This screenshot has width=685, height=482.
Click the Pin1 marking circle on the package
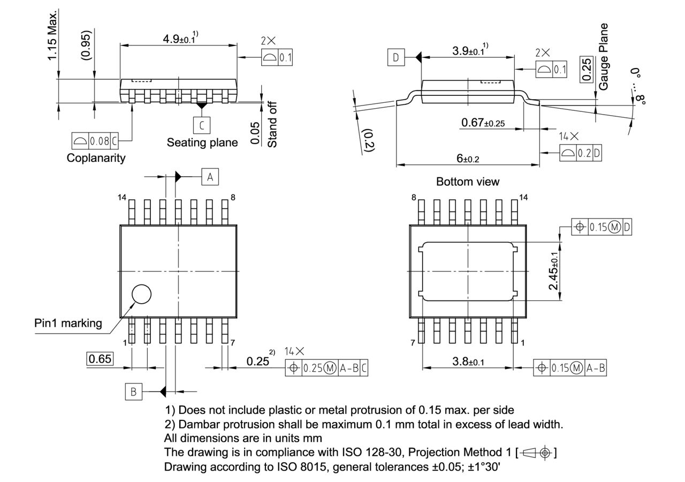point(142,294)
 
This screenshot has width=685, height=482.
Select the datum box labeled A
point(210,177)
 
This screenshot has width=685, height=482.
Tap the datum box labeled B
point(133,391)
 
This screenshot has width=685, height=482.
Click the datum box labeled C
point(201,125)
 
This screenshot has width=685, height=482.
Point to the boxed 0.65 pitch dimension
point(100,359)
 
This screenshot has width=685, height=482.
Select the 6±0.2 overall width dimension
point(468,159)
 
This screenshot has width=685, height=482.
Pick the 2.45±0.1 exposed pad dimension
point(555,270)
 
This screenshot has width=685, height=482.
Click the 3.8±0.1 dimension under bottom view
point(468,361)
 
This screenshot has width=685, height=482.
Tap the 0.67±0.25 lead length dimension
point(483,123)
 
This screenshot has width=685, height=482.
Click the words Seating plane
point(202,142)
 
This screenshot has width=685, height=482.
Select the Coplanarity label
point(96,158)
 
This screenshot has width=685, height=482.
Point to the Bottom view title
point(467,182)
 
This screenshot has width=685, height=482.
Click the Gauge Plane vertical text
point(604,56)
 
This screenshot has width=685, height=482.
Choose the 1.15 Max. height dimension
point(52,35)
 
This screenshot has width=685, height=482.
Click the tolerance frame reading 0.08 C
point(95,141)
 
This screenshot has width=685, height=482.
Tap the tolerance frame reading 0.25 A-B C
point(327,368)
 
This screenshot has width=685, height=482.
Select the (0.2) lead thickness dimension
point(368,140)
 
